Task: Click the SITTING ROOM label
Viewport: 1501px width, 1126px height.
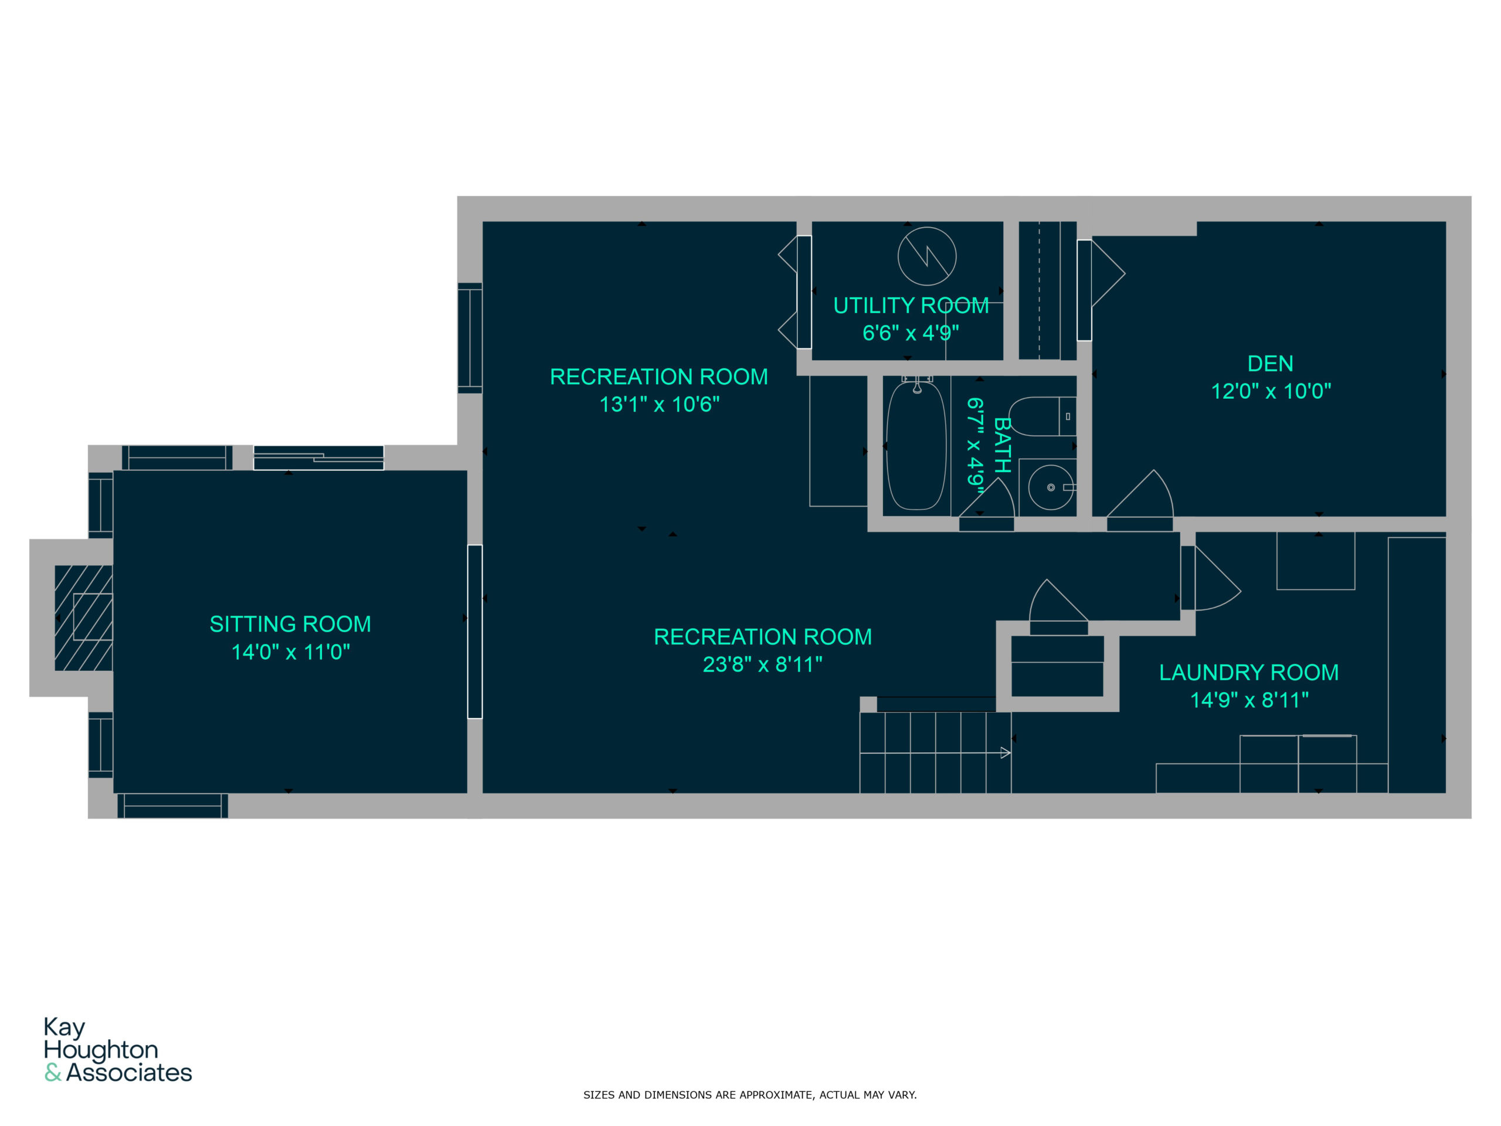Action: click(290, 625)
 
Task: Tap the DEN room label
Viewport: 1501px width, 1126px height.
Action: click(1271, 364)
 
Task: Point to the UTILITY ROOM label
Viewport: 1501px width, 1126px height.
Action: click(911, 306)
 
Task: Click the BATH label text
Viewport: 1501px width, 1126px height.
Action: click(1002, 445)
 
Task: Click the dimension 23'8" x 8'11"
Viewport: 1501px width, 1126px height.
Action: click(763, 664)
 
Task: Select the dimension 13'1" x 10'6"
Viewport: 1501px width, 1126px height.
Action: click(660, 405)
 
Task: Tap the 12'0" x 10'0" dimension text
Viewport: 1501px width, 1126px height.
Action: click(1271, 391)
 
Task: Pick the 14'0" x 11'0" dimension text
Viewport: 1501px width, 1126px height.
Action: click(290, 652)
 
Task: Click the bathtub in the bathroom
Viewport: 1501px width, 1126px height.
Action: click(916, 445)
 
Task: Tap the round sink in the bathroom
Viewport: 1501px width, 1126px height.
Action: click(1051, 487)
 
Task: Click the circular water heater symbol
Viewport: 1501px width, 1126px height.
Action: click(927, 256)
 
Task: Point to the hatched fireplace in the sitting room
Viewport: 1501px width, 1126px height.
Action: click(83, 618)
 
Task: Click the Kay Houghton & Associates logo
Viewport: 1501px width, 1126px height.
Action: click(118, 1049)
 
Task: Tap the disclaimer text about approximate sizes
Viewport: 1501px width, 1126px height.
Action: click(750, 1095)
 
